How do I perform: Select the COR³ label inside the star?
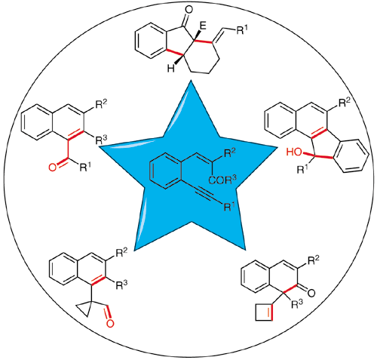pyautogui.click(x=222, y=180)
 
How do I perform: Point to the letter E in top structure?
pyautogui.click(x=203, y=26)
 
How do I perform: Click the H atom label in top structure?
pyautogui.click(x=171, y=69)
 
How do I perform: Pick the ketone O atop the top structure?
pyautogui.click(x=188, y=10)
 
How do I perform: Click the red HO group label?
pyautogui.click(x=295, y=152)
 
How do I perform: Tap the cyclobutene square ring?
pyautogui.click(x=264, y=312)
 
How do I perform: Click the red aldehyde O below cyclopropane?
pyautogui.click(x=110, y=323)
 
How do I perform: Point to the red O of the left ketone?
pyautogui.click(x=53, y=168)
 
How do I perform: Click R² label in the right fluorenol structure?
pyautogui.click(x=344, y=103)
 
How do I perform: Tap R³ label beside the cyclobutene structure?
pyautogui.click(x=296, y=304)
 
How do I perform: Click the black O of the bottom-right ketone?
pyautogui.click(x=311, y=293)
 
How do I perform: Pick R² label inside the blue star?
pyautogui.click(x=230, y=154)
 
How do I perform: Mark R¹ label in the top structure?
pyautogui.click(x=241, y=30)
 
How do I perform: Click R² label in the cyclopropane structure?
pyautogui.click(x=121, y=254)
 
